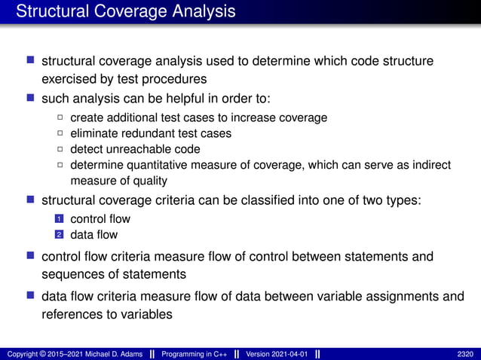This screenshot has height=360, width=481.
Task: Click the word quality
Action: pyautogui.click(x=148, y=181)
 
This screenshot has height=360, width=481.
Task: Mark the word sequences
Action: pyautogui.click(x=72, y=273)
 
